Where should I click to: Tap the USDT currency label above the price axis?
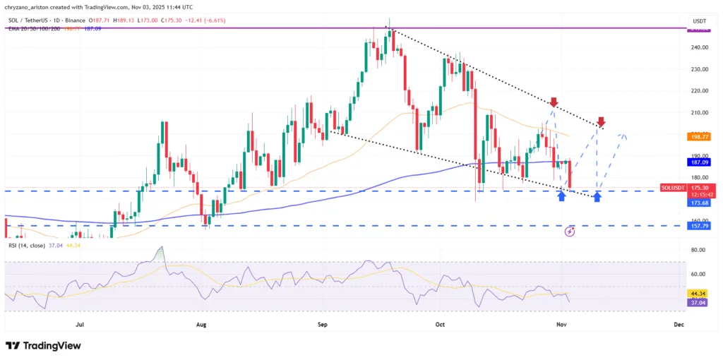click(699, 21)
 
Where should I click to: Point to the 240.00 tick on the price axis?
click(700, 47)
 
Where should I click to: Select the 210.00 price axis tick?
click(700, 112)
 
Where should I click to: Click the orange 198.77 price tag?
click(699, 137)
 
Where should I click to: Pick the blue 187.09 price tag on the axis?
click(699, 162)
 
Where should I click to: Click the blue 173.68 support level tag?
click(699, 202)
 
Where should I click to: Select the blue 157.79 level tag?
click(699, 226)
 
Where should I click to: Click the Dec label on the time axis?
click(679, 324)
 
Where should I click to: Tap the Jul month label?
click(79, 324)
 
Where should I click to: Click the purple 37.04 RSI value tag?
click(699, 302)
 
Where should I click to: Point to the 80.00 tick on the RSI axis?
click(700, 250)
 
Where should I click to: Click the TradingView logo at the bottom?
click(42, 346)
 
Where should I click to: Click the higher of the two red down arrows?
click(554, 102)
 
